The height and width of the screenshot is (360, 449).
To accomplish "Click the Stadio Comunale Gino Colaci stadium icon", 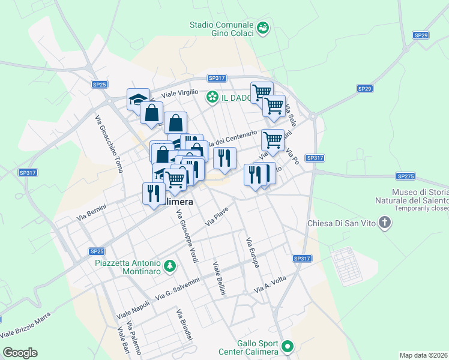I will (x=262, y=28).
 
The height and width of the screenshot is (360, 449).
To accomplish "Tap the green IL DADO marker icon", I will (x=212, y=97).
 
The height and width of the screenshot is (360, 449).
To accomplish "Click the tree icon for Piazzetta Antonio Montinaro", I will (x=170, y=265).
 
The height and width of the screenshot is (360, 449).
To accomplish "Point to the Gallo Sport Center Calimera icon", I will (x=288, y=346).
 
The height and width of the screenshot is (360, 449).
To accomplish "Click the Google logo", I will (x=20, y=352).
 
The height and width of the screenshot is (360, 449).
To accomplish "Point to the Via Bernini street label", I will (x=92, y=215).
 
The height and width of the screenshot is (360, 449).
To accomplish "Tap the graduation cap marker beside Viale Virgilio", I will (x=138, y=99).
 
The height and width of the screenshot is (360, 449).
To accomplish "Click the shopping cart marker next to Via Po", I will (x=273, y=140).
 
